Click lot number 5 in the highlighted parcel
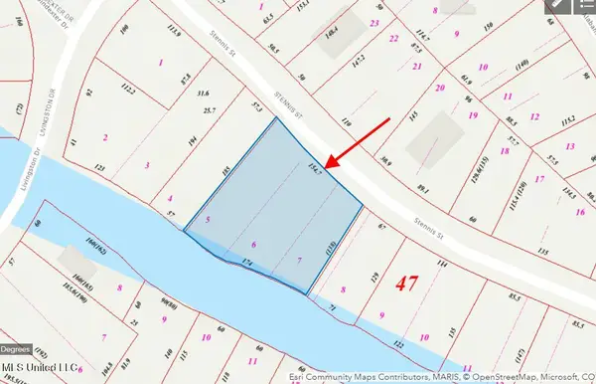coord(208,219)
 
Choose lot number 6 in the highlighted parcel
coord(254,245)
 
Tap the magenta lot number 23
coord(374,22)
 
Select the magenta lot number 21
coord(418,67)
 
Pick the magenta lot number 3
coord(148,165)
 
